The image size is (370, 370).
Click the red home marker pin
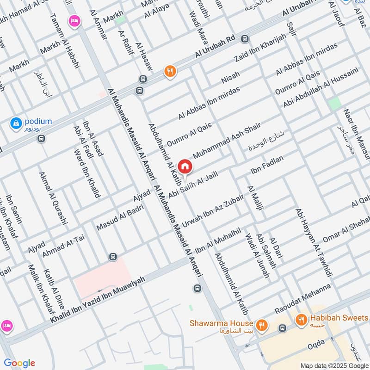185,166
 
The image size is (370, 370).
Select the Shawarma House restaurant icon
262,325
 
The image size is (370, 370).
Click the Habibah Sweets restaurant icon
302,319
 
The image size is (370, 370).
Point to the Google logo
19,363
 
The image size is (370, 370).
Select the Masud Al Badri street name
120,217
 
